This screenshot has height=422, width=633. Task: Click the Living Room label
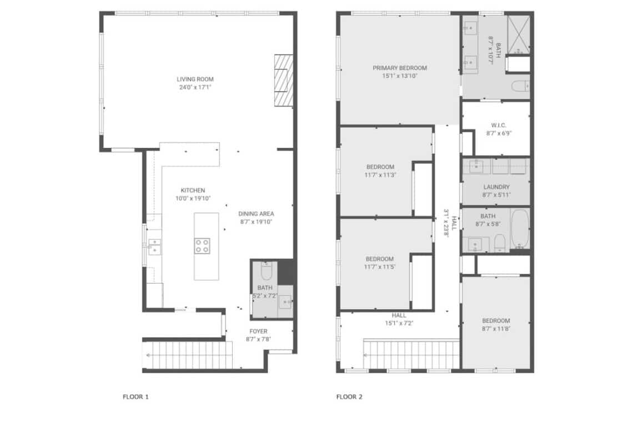point(195,79)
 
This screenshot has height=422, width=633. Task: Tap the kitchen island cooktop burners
point(202,246)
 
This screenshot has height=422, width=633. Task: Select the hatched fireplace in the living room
point(284,81)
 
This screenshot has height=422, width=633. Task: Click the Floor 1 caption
point(135,397)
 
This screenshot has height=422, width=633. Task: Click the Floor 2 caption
point(349,397)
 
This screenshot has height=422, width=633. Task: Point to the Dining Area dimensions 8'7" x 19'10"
point(257,222)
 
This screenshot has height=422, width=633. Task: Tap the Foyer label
point(258,331)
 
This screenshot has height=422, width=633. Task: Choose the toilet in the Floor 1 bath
point(267,271)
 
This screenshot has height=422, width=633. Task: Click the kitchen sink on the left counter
point(154,247)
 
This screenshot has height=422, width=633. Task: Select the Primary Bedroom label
point(400,68)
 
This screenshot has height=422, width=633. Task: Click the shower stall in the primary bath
point(518,34)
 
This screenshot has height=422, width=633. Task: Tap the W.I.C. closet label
point(499,125)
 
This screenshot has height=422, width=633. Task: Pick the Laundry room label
point(496,187)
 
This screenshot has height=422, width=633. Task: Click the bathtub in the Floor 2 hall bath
point(520,229)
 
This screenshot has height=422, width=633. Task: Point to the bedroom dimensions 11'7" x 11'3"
point(380,175)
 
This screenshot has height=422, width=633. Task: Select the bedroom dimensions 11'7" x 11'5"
point(380,267)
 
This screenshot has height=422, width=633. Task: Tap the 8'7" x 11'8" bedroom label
point(496,320)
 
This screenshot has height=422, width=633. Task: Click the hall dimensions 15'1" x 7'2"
point(399,323)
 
